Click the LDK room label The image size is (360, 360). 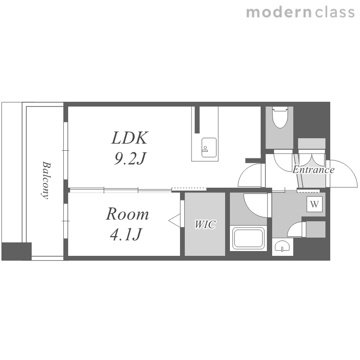click(130, 138)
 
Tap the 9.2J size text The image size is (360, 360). click(130, 158)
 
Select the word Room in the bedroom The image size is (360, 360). click(127, 214)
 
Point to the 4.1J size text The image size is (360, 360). click(125, 234)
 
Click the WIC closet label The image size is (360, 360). click(205, 224)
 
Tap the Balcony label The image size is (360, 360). click(46, 180)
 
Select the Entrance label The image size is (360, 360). click(313, 170)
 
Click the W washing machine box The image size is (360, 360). click(314, 204)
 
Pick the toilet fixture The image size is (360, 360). click(280, 117)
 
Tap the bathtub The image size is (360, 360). click(248, 238)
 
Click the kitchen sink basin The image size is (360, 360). click(209, 148)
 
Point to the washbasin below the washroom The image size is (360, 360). click(282, 246)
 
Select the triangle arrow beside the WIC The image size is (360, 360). click(175, 221)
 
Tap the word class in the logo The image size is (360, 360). click(335, 12)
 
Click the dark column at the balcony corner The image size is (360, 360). click(16, 251)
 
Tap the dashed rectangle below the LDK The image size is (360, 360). click(189, 190)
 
